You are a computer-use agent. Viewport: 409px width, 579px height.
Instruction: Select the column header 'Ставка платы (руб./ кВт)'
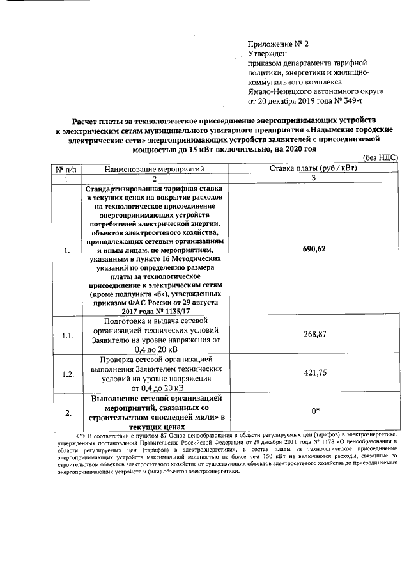coord(314,168)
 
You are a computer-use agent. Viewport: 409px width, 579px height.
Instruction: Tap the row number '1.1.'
coord(67,335)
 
